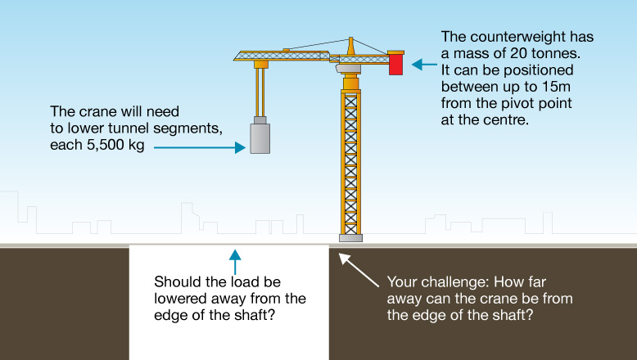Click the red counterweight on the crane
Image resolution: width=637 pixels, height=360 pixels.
coord(395,63)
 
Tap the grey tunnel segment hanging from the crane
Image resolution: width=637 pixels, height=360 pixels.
coord(260,138)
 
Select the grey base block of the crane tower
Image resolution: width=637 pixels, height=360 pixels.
coord(350,238)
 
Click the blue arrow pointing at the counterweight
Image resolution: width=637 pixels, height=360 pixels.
coord(425,64)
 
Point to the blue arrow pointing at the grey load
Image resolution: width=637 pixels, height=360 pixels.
coord(200,148)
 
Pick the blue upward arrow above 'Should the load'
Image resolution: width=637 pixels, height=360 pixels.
coord(235,262)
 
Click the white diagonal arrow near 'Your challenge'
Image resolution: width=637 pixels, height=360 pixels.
coord(359,270)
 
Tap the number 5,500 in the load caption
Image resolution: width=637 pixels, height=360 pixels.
coord(105,145)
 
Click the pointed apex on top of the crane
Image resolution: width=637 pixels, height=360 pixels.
coord(350,38)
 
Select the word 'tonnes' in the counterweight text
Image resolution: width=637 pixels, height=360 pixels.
coord(554,53)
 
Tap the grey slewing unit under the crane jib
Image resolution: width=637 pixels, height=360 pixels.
coord(349,69)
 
